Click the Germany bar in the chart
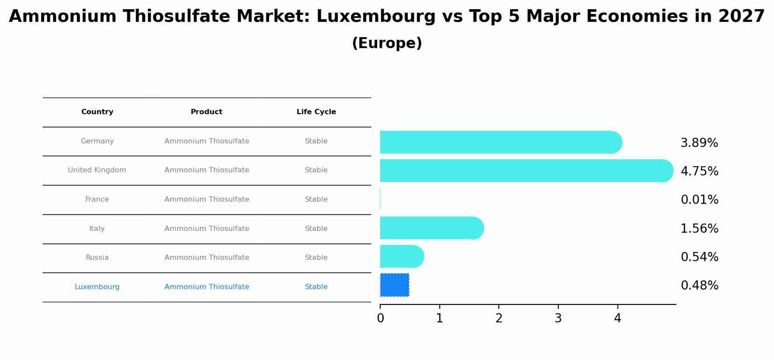pyautogui.click(x=499, y=142)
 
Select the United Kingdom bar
pyautogui.click(x=525, y=171)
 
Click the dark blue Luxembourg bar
pyautogui.click(x=395, y=285)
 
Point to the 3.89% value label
pyautogui.click(x=699, y=143)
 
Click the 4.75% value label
pyautogui.click(x=699, y=171)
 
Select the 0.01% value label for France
pyautogui.click(x=699, y=200)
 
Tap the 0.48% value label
pyautogui.click(x=699, y=286)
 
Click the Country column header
pyautogui.click(x=97, y=112)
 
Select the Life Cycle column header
pyautogui.click(x=316, y=112)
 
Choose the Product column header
pyautogui.click(x=207, y=112)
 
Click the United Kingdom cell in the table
pyautogui.click(x=97, y=170)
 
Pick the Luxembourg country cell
pyautogui.click(x=97, y=287)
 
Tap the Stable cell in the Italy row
pyautogui.click(x=316, y=229)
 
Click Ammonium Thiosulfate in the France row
pyautogui.click(x=207, y=199)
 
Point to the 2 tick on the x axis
pyautogui.click(x=499, y=318)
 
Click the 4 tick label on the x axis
pyautogui.click(x=617, y=318)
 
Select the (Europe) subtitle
pyautogui.click(x=387, y=43)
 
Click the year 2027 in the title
pyautogui.click(x=741, y=17)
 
